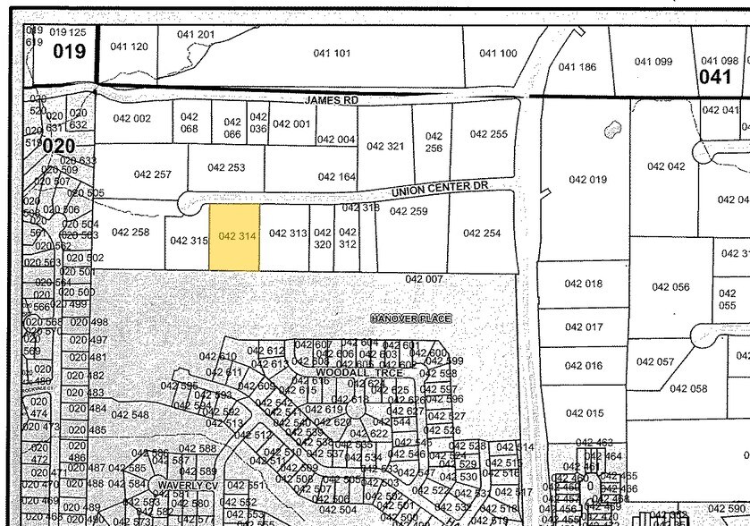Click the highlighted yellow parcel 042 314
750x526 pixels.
point(235,236)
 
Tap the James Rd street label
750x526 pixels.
point(331,101)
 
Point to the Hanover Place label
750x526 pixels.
point(411,318)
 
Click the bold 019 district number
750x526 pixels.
point(70,51)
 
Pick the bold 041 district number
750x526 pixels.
point(715,77)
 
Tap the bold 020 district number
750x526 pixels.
point(59,144)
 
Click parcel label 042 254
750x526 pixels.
point(482,233)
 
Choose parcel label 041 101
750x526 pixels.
point(332,54)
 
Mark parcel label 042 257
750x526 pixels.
point(152,174)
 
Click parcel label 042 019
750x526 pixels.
point(587,180)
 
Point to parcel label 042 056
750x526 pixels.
point(670,287)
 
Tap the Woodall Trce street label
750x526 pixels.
point(342,371)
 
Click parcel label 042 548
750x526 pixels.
point(130,415)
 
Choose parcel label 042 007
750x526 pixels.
point(424,279)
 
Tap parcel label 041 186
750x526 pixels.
point(577,67)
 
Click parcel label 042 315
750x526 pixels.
point(189,241)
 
